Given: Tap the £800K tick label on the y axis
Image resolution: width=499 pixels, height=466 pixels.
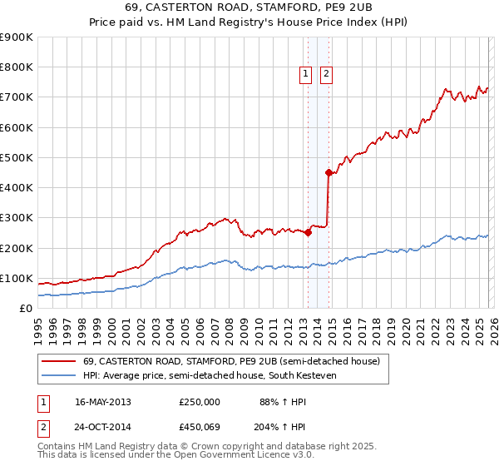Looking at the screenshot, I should tap(16, 67).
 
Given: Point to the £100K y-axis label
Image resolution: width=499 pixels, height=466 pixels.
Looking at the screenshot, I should tap(16, 278).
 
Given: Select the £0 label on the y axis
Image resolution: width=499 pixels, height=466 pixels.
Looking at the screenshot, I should tap(25, 308).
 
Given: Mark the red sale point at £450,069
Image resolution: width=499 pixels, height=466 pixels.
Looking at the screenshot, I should tap(329, 173).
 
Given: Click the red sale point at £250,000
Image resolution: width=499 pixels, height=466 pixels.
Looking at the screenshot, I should tap(308, 233).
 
